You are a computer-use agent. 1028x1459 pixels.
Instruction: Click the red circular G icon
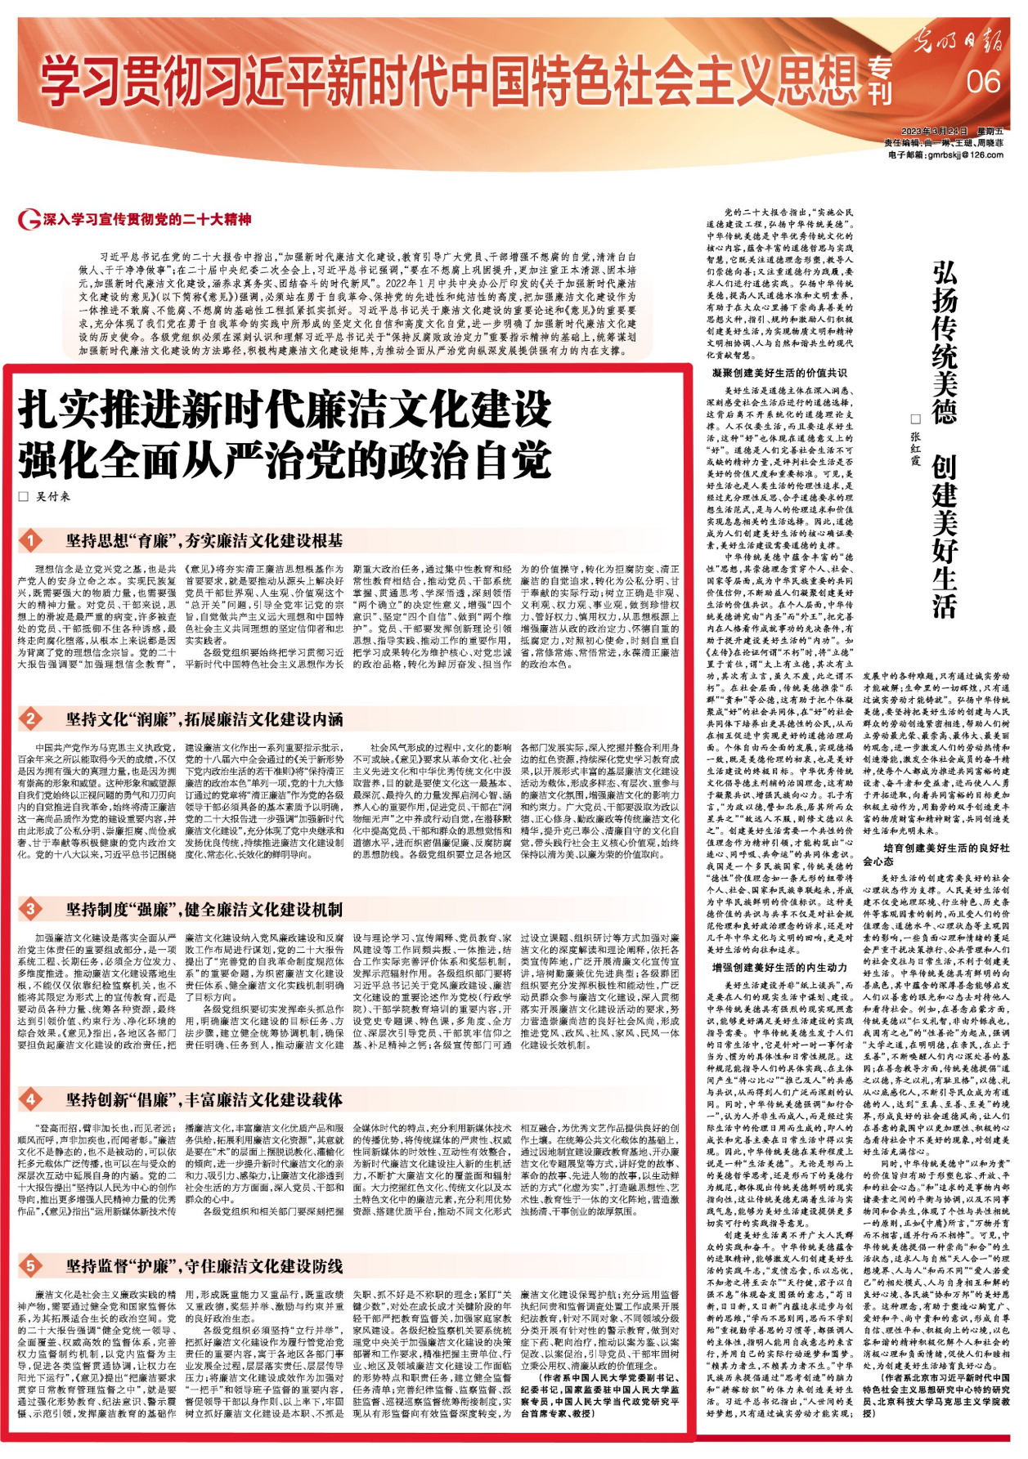pyautogui.click(x=29, y=220)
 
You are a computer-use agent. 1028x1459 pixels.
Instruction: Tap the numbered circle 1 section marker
pyautogui.click(x=31, y=540)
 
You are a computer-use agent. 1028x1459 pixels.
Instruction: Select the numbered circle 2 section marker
pyautogui.click(x=31, y=718)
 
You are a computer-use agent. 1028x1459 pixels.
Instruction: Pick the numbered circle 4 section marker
pyautogui.click(x=31, y=1099)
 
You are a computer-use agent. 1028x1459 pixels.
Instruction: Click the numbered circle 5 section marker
pyautogui.click(x=31, y=1265)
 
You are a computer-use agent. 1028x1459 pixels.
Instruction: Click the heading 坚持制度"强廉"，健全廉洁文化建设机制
pyautogui.click(x=204, y=910)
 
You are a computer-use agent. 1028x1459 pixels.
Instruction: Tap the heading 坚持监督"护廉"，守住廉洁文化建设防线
pyautogui.click(x=204, y=1266)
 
